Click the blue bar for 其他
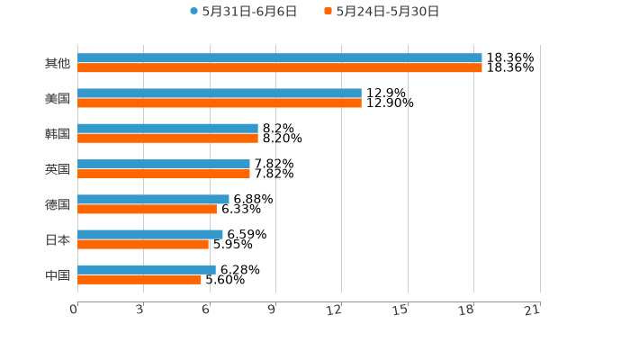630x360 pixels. [x=279, y=58]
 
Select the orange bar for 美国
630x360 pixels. [x=219, y=103]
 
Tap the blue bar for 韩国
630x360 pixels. [x=167, y=129]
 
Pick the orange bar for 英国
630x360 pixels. [x=163, y=174]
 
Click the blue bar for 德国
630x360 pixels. [x=153, y=199]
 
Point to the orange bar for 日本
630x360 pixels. [x=142, y=244]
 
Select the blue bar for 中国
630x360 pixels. [x=146, y=269]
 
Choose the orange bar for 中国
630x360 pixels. [x=139, y=279]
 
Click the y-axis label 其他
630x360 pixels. [x=57, y=64]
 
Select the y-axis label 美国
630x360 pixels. [x=57, y=99]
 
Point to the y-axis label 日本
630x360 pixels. [x=57, y=239]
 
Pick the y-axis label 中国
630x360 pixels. [x=57, y=274]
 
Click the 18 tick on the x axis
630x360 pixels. [x=466, y=310]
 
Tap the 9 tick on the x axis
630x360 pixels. [x=272, y=310]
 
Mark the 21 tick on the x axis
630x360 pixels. [x=532, y=310]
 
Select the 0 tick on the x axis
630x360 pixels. [x=74, y=310]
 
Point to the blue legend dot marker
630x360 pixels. [x=193, y=12]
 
